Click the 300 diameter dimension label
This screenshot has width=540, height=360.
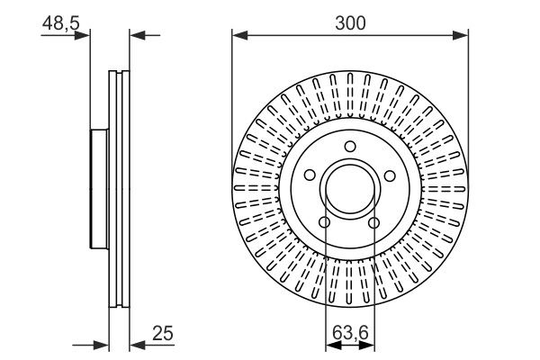point(351,22)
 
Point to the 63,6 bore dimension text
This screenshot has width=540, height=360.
point(350,334)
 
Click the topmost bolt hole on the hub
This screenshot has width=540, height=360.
point(350,148)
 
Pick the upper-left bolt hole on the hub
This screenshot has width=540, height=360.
point(310,175)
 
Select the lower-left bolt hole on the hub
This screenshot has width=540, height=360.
point(326,221)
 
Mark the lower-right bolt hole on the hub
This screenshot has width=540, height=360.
point(374,221)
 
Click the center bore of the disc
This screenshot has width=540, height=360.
point(350,188)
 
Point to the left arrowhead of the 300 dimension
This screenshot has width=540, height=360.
point(238,36)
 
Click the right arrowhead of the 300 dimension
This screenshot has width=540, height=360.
point(463,36)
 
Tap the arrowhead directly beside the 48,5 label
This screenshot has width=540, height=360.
point(85,36)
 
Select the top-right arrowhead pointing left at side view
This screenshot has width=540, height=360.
point(135,36)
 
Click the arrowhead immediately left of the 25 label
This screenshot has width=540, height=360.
point(135,345)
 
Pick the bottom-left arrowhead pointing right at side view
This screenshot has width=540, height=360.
point(103,345)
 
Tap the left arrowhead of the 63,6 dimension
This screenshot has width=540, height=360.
point(329,345)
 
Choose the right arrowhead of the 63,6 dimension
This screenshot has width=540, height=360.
point(370,345)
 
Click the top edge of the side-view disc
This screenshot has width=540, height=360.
point(119,71)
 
